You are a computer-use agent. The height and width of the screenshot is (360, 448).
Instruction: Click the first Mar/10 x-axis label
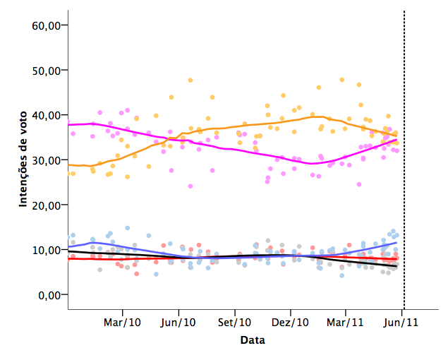click(123, 323)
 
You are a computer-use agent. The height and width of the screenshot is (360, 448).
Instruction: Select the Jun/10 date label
click(178, 323)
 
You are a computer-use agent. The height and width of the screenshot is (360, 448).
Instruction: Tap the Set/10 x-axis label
click(234, 323)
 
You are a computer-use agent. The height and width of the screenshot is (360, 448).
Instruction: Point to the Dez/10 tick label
click(290, 323)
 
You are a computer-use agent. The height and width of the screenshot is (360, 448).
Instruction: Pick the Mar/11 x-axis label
click(346, 323)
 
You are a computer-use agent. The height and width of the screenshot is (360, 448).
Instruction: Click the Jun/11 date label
click(401, 323)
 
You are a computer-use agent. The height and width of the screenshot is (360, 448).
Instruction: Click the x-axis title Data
click(253, 341)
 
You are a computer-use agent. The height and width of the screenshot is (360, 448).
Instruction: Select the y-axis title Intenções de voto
click(23, 159)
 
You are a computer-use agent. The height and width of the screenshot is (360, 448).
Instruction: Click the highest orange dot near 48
click(190, 80)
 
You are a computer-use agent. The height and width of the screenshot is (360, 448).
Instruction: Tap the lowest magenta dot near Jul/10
click(190, 186)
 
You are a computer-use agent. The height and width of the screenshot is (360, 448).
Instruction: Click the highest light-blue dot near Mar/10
click(127, 228)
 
